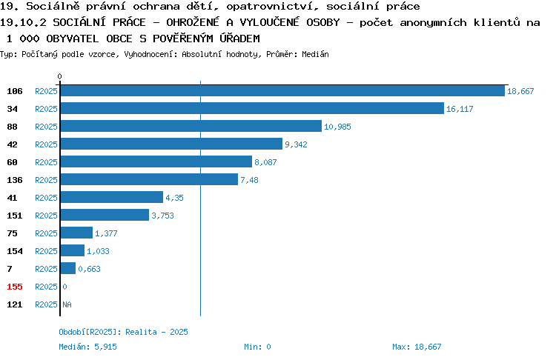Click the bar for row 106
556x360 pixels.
point(282,91)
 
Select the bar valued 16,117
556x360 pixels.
point(253,108)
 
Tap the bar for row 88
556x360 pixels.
point(191,126)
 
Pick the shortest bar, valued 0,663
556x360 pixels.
point(68,268)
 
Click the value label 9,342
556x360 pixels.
point(296,144)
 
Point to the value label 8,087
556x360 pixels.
point(265,162)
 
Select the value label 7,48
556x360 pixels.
point(249,180)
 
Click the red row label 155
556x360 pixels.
point(15,287)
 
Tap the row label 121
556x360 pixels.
point(15,304)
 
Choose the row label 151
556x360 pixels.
point(15,216)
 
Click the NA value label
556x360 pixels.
point(67,304)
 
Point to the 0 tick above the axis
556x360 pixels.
point(59,76)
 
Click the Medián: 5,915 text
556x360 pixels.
point(87,347)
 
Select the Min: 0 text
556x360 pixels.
point(257,347)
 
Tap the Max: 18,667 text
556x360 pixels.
point(417,347)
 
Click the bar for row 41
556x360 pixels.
point(112,197)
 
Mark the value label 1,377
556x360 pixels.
point(106,233)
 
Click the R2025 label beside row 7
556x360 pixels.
point(46,269)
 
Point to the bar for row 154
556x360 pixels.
point(73,250)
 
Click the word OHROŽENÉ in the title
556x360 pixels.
point(193,22)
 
